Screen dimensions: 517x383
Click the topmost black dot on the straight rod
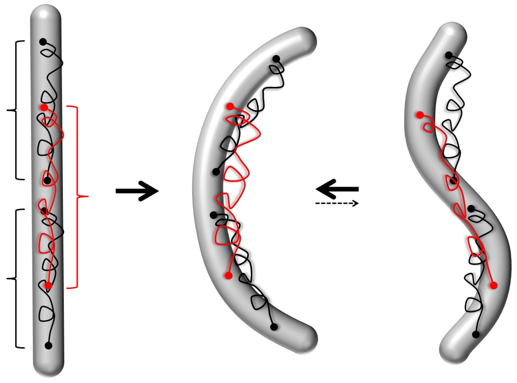(43, 42)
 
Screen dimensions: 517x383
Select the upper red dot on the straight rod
(44, 107)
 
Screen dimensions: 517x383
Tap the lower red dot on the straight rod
(48, 285)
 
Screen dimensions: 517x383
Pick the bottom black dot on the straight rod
(48, 346)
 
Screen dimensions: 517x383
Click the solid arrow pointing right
(137, 191)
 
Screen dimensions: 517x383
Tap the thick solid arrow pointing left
(337, 189)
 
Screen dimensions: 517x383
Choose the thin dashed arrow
(337, 203)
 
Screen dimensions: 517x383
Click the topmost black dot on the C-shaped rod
(276, 59)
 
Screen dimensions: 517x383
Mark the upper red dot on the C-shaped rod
(230, 106)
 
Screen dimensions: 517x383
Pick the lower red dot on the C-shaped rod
(229, 275)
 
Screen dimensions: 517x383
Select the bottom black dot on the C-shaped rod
(274, 327)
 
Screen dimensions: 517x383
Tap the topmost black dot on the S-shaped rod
(449, 55)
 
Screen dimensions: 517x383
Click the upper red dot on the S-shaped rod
(420, 115)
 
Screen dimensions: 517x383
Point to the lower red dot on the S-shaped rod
(494, 286)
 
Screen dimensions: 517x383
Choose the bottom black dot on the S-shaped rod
(476, 334)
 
